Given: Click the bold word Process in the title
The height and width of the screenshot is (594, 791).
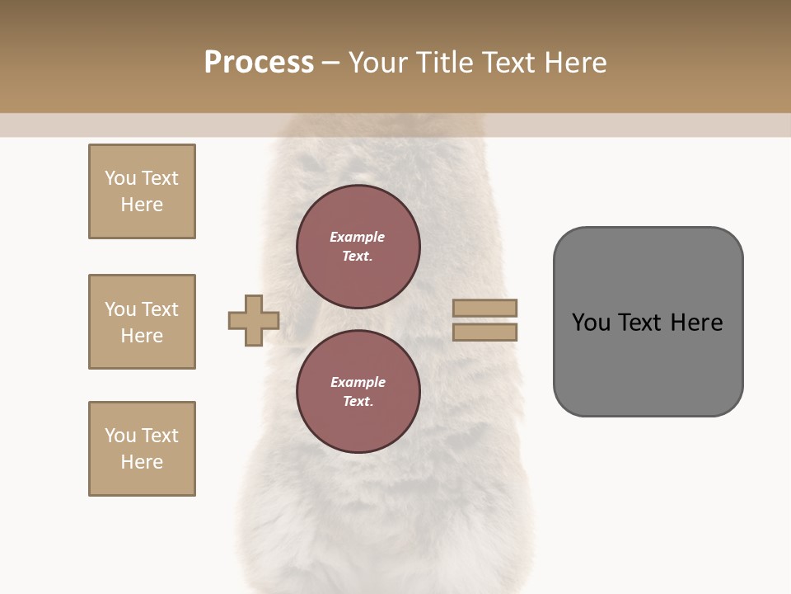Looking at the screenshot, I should [259, 63].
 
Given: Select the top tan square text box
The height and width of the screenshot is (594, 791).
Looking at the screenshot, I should [142, 191].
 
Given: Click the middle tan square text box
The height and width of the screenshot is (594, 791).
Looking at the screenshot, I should [142, 322].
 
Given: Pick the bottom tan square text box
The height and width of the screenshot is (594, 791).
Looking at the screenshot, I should [142, 449].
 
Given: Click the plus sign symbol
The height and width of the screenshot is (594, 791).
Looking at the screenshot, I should [254, 320].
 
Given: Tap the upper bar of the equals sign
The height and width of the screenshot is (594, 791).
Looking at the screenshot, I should [485, 309].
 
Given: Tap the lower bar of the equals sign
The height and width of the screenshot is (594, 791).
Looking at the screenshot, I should [485, 332].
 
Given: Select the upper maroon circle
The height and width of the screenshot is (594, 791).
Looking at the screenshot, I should [358, 247].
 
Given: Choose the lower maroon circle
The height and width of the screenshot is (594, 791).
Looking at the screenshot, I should [358, 392].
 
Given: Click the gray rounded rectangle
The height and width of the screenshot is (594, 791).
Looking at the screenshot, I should [648, 322].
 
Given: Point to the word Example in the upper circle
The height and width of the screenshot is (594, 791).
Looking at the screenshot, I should [358, 237].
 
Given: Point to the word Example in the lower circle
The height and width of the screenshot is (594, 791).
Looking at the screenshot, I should [358, 382].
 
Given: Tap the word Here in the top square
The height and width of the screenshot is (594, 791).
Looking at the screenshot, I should [142, 205].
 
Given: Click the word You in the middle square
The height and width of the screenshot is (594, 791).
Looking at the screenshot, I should [120, 309].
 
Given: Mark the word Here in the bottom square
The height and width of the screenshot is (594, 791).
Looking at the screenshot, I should [142, 462].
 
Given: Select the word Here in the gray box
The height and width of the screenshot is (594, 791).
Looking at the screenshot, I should [696, 323].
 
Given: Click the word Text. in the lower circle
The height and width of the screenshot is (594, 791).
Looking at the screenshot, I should [358, 402].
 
